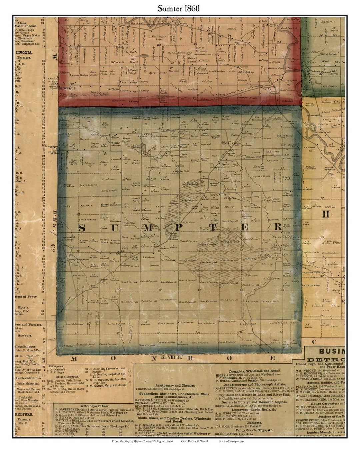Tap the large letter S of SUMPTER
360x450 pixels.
point(83,228)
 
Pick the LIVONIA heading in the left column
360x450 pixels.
point(24,52)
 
